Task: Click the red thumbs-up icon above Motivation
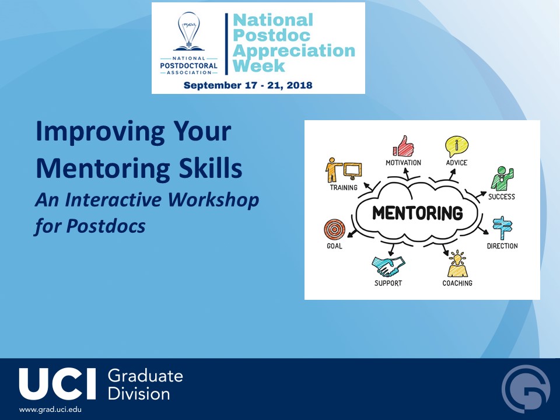tap(403, 146)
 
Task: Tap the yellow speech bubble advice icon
tap(456, 146)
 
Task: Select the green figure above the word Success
tap(502, 178)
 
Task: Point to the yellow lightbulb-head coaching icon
tap(457, 264)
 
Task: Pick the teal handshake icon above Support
tap(388, 266)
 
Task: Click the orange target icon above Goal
tap(335, 229)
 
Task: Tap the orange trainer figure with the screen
tap(344, 170)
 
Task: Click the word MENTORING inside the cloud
tap(418, 213)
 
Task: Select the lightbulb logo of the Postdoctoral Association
tap(188, 32)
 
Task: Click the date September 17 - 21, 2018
tap(248, 85)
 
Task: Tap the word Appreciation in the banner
tap(294, 51)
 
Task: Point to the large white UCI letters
tap(58, 384)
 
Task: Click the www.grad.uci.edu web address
tap(50, 409)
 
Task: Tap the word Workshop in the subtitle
tap(213, 199)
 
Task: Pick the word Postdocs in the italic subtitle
tap(106, 226)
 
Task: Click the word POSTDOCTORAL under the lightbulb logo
tap(188, 66)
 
